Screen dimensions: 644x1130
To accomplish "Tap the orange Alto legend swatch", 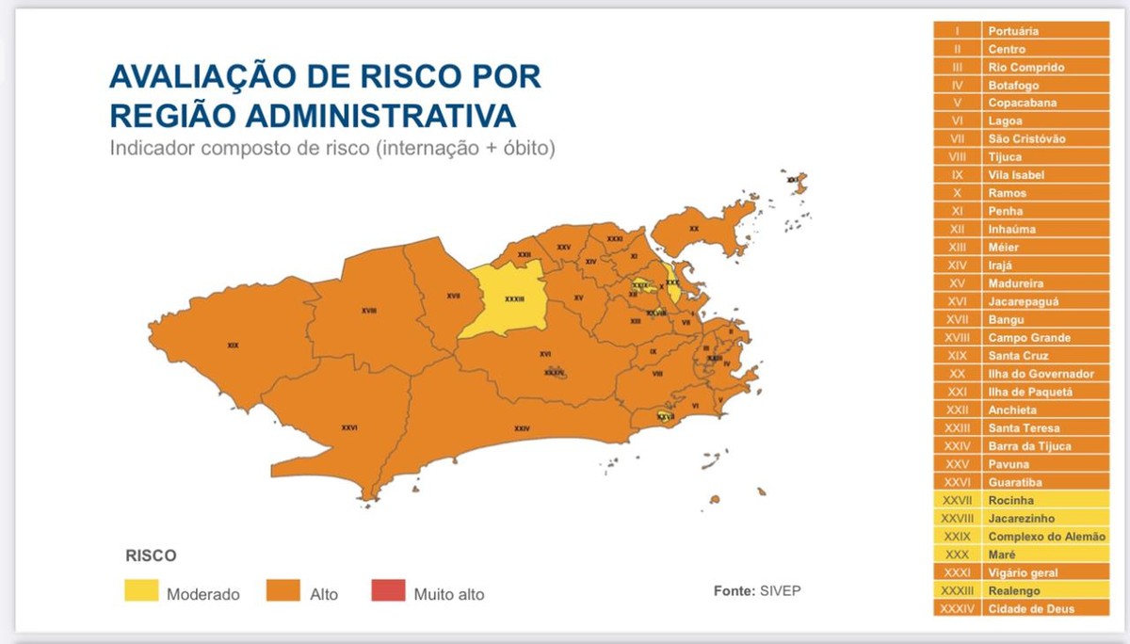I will pyautogui.click(x=284, y=591).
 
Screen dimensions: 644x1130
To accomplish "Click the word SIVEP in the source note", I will pyautogui.click(x=780, y=591).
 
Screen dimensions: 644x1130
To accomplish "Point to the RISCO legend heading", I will pyautogui.click(x=151, y=555).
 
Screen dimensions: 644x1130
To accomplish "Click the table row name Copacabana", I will pyautogui.click(x=1022, y=103).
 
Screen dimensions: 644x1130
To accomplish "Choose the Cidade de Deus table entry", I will pyautogui.click(x=1031, y=609).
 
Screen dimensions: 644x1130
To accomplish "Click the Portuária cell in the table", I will pyautogui.click(x=1013, y=31).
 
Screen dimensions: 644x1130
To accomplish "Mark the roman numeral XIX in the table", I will pyautogui.click(x=957, y=356).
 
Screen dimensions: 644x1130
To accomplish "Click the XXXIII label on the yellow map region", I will pyautogui.click(x=514, y=298).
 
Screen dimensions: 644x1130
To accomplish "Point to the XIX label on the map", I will pyautogui.click(x=233, y=346).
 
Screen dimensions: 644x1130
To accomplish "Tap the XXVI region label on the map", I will pyautogui.click(x=349, y=427).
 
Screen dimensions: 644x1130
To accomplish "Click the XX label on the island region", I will pyautogui.click(x=694, y=229).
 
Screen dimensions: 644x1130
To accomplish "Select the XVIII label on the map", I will pyautogui.click(x=369, y=310).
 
